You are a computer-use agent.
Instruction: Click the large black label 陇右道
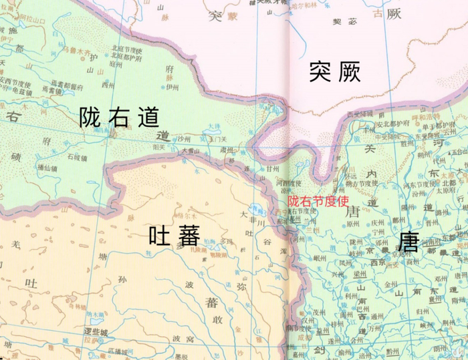(x=119, y=118)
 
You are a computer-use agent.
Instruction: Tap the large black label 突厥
(x=335, y=71)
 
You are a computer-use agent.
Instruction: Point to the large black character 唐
(x=408, y=241)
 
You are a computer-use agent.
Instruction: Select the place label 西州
(x=108, y=85)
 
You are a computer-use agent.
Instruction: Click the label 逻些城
(x=95, y=332)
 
